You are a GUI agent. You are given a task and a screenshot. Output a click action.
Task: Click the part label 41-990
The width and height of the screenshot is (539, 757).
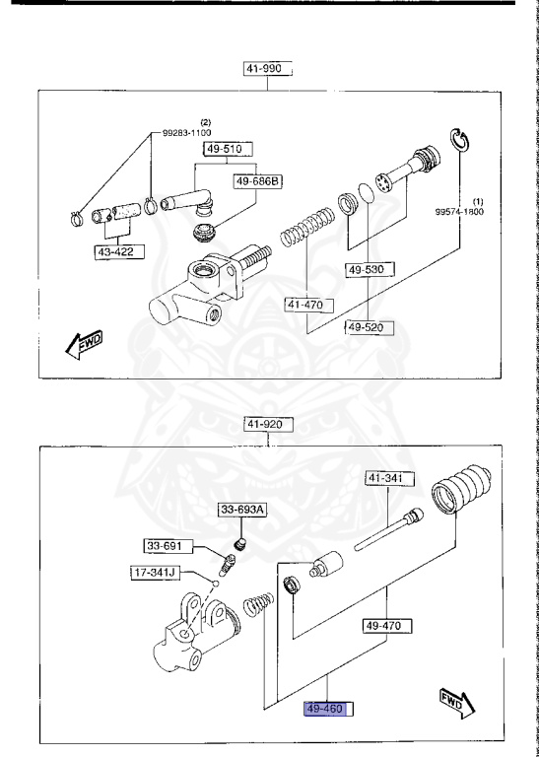pos(269,68)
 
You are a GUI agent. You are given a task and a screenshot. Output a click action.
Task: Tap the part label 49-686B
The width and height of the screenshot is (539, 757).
pos(256,181)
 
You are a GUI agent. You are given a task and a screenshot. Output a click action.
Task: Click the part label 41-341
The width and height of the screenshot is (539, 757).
pos(414,478)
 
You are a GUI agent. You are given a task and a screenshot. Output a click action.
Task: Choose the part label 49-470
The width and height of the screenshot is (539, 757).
pos(387,625)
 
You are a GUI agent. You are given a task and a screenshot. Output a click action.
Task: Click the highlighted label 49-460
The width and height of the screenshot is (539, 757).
pos(329,708)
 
